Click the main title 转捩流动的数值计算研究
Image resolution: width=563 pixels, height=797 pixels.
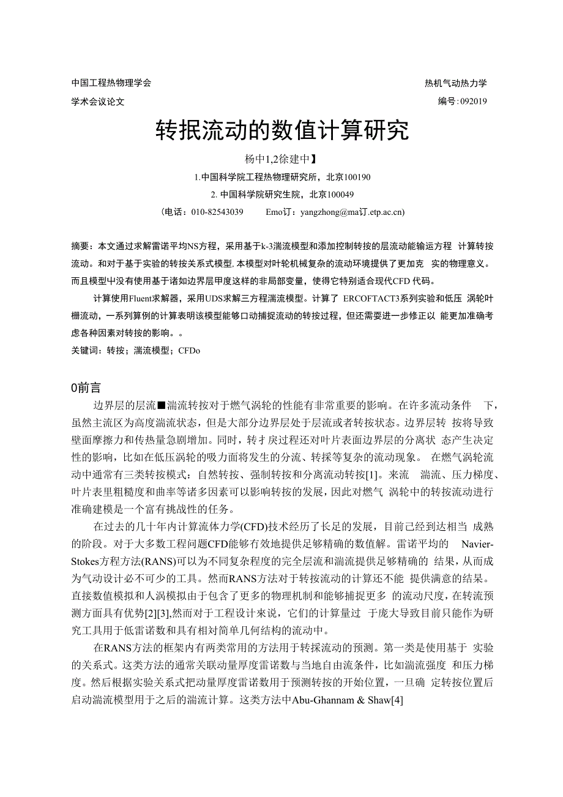tap(281, 130)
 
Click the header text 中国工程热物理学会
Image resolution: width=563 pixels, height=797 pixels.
tap(111, 83)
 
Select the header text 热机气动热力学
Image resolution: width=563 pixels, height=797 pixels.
tap(456, 83)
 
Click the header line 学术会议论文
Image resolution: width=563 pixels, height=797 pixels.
tap(98, 102)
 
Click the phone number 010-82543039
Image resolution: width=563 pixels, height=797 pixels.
tap(217, 212)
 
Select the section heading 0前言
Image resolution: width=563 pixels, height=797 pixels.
tap(86, 387)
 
